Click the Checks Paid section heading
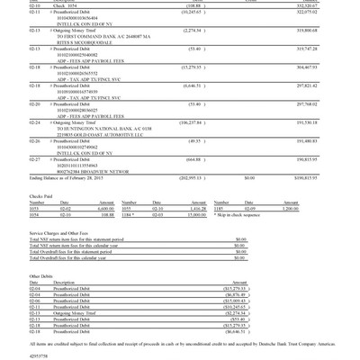(40, 195)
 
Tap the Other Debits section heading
(41, 276)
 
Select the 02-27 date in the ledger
(34, 159)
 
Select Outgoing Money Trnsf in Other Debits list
(80, 312)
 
